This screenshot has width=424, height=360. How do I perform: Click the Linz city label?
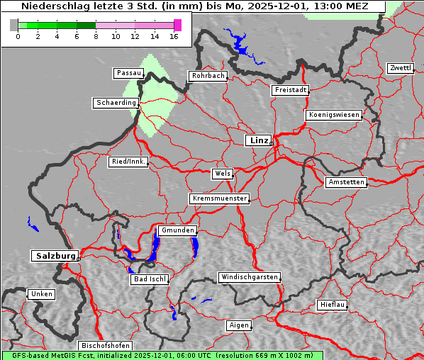(258, 140)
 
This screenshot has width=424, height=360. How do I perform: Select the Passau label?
(128, 73)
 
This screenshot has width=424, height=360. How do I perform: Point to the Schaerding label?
(116, 103)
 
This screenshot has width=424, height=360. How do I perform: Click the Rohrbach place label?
(207, 76)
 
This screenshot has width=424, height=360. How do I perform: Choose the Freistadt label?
(290, 90)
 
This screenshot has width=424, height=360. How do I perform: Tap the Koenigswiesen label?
(334, 115)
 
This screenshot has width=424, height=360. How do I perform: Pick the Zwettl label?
(400, 68)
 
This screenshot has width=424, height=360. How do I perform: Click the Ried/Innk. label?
(128, 162)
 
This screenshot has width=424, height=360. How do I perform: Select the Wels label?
(222, 174)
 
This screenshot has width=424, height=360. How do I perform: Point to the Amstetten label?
(346, 182)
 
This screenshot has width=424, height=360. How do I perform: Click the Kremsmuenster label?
(219, 198)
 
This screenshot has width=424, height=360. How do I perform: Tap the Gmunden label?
(177, 230)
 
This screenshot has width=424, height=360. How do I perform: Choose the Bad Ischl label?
(149, 279)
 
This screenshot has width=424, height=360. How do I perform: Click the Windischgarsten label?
(248, 277)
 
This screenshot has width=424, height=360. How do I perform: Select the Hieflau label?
(332, 305)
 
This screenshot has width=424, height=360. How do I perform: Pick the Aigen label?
(239, 325)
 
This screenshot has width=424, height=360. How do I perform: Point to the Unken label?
(41, 294)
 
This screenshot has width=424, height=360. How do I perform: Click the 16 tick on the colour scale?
(174, 36)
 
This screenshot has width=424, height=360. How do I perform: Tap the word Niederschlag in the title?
(55, 6)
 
